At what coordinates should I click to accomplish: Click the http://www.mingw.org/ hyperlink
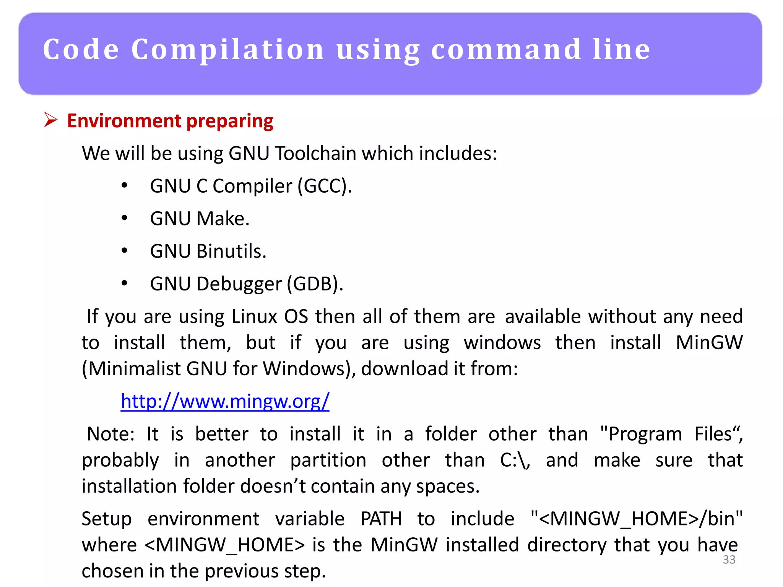coord(225,401)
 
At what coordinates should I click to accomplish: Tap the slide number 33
coord(729,559)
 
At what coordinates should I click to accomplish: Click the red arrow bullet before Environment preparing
coord(50,120)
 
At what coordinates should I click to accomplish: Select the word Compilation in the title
coord(228,50)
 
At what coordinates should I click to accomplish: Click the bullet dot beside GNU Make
coord(124,218)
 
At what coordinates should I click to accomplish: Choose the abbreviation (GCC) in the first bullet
coord(325,186)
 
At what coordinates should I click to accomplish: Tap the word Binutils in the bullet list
coord(231,251)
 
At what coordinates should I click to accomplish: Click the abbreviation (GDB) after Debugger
coord(315,284)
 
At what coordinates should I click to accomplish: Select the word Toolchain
coord(315,154)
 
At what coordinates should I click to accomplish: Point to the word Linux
coord(254,316)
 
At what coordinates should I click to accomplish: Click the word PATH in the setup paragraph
coord(381,519)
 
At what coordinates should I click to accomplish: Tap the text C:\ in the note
coord(515,460)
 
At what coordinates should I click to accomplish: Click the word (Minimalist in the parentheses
coord(132,369)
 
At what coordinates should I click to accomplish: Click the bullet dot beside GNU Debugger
coord(124,284)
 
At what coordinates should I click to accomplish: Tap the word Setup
coord(107,519)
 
